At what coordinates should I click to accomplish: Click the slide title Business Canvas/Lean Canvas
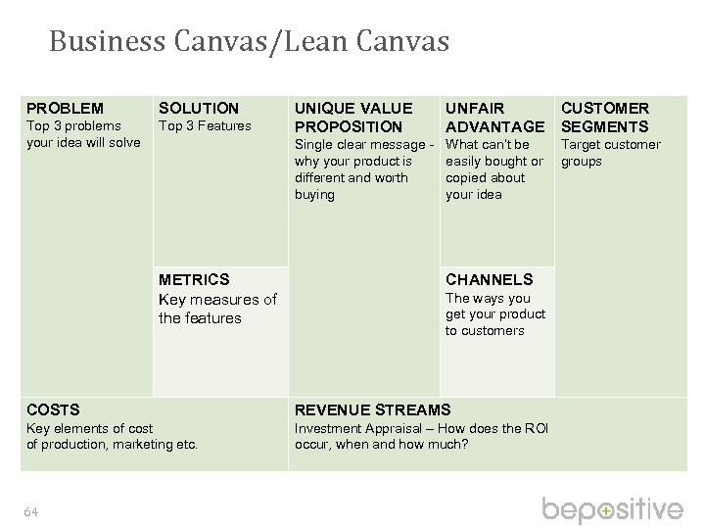(x=249, y=42)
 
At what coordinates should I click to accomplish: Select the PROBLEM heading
(x=64, y=107)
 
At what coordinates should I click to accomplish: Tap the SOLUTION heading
(x=199, y=107)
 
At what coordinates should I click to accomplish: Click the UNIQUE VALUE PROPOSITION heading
(x=353, y=117)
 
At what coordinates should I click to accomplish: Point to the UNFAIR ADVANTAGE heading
(x=494, y=117)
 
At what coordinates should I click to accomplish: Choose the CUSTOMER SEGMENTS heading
(x=604, y=117)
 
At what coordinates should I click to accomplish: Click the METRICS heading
(x=194, y=279)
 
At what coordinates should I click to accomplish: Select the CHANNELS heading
(x=489, y=279)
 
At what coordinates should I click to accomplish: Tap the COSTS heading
(x=53, y=409)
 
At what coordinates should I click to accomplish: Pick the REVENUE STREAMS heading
(x=373, y=409)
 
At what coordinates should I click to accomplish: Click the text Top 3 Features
(x=205, y=125)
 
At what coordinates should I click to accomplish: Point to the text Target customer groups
(x=609, y=153)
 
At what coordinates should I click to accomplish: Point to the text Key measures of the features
(x=217, y=309)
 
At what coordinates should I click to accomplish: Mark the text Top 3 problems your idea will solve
(x=82, y=134)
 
